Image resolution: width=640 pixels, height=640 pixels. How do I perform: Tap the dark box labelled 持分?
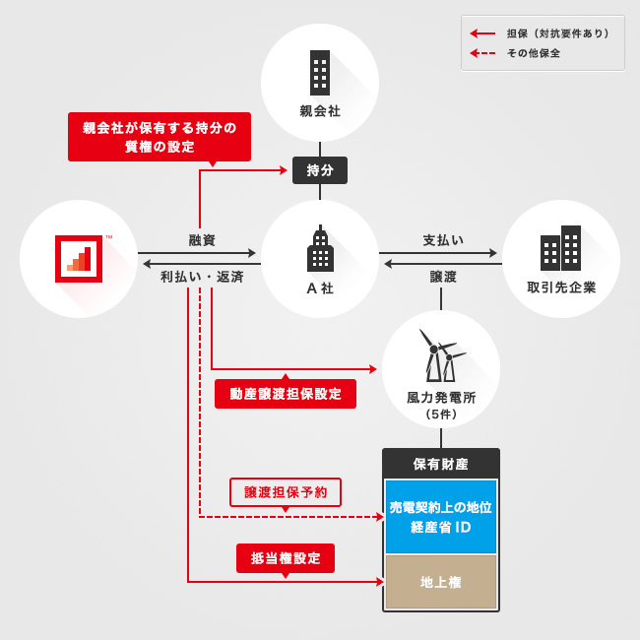(x=320, y=170)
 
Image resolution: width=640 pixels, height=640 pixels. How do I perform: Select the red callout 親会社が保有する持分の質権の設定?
(x=160, y=137)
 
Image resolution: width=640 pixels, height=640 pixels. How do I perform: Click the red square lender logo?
(x=79, y=259)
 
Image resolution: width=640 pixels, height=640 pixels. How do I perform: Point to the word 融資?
(x=202, y=240)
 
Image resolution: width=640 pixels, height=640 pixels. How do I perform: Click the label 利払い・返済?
(x=202, y=277)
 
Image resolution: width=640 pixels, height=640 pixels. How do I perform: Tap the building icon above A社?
(x=320, y=251)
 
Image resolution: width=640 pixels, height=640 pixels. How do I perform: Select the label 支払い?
(x=443, y=240)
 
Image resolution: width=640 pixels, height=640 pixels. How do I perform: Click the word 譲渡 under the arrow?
(x=443, y=277)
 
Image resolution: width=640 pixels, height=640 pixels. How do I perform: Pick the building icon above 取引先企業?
(x=560, y=249)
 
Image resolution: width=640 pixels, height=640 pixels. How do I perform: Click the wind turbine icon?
(x=440, y=355)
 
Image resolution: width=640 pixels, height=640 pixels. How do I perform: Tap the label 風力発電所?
(x=441, y=398)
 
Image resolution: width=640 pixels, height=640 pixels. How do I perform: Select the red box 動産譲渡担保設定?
(x=286, y=394)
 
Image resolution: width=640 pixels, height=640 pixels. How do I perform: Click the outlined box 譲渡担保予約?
(x=286, y=492)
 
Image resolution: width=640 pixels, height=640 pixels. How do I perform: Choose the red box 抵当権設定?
(x=286, y=558)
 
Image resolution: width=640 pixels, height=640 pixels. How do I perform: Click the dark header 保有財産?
(x=441, y=464)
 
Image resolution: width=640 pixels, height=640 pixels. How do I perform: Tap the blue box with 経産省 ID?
(x=441, y=517)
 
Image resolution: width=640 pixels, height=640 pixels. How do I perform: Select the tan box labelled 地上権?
(x=441, y=582)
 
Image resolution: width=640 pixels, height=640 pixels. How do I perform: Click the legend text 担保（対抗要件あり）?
(x=557, y=33)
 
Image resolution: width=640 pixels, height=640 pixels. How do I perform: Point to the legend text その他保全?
(x=534, y=53)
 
